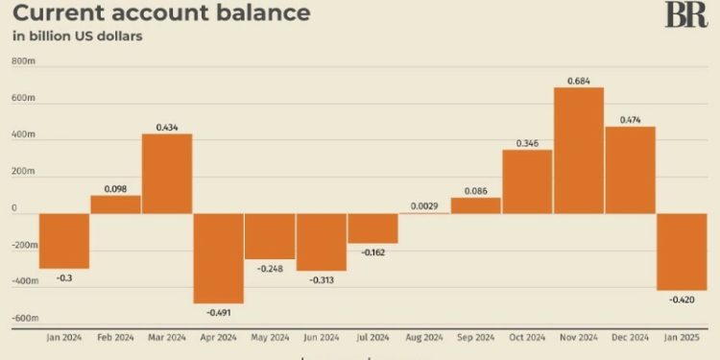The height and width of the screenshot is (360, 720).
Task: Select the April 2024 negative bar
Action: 219,257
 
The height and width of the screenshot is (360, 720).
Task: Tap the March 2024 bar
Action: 167,173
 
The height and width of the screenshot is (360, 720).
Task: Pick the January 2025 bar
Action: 683,251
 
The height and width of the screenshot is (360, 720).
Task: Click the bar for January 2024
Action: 64,240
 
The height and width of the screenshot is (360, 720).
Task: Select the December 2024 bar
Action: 630,169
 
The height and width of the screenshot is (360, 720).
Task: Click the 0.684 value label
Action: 579,80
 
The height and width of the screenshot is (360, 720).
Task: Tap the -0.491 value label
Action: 219,313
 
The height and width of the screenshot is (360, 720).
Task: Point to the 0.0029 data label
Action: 424,205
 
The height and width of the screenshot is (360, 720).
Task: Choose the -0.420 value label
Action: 683,300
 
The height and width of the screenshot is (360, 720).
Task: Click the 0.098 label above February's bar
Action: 115,188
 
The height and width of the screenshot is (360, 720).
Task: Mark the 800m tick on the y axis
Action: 23,62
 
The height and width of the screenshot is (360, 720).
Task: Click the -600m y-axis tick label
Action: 23,318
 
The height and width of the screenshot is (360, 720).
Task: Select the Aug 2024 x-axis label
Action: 424,338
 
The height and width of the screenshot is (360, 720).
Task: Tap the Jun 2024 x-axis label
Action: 322,338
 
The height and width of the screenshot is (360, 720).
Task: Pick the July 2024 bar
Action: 372,228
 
